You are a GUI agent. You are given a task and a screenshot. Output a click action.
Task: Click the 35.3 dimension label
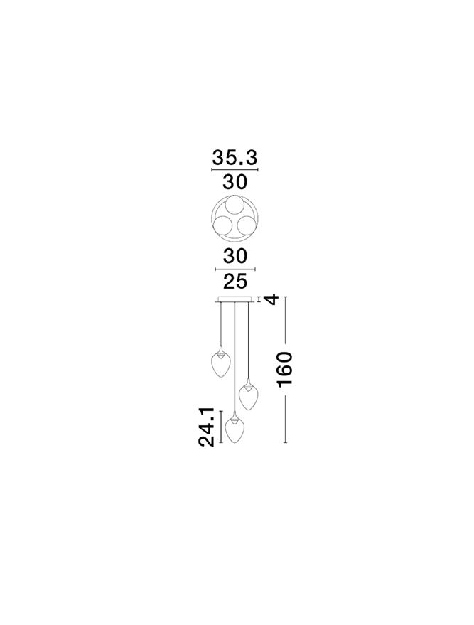235,158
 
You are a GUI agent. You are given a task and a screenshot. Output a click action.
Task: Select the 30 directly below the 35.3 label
235,182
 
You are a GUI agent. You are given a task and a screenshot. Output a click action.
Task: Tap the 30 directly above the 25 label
235,256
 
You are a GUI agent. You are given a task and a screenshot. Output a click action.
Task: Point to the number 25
235,282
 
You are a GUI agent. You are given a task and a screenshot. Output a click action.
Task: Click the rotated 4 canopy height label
271,299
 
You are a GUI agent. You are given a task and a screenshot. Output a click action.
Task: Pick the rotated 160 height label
285,370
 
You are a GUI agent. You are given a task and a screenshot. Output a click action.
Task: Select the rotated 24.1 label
207,427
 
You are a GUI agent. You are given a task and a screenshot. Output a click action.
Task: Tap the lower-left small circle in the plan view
222,226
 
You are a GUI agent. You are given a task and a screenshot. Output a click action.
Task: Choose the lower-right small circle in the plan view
247,226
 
